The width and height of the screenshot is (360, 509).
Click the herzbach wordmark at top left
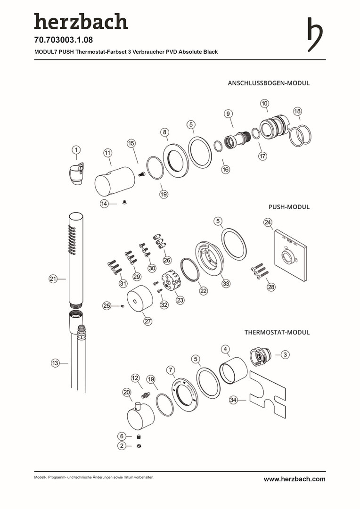pos(81,22)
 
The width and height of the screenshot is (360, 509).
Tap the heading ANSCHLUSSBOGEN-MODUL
pos(269,83)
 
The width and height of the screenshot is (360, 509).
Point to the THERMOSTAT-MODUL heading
pos(277,332)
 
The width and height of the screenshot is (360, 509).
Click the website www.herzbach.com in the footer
pos(294,479)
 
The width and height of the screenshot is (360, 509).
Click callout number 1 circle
pos(76,150)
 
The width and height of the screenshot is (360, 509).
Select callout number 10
pos(264,103)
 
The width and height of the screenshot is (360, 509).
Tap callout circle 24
pos(268,222)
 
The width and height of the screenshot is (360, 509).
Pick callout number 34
pos(233,400)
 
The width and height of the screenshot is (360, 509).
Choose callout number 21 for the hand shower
pos(53,279)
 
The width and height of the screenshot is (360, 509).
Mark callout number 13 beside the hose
pos(56,363)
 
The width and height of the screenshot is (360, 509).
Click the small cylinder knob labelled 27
pos(140,299)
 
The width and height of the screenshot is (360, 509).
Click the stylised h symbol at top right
pos(315,34)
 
